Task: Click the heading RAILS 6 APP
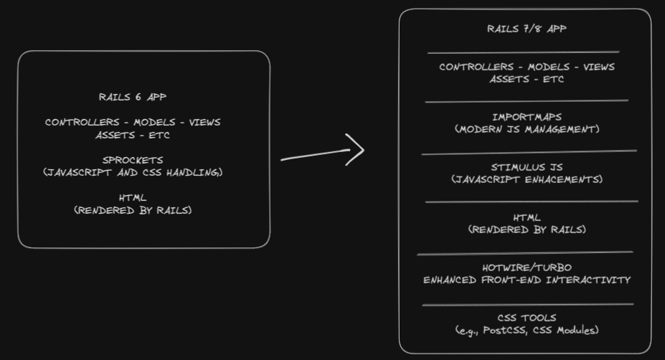pos(133,97)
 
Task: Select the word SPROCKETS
pos(133,160)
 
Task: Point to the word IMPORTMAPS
pos(527,117)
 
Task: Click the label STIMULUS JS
pos(527,167)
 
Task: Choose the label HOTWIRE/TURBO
pos(527,267)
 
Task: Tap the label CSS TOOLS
pos(527,318)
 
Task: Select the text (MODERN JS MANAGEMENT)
pos(527,129)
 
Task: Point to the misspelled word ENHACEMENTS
pos(565,179)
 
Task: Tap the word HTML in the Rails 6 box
pos(133,198)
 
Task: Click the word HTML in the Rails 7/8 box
pos(527,217)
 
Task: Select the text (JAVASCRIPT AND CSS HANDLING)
pos(133,172)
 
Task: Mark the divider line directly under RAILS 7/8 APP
pos(523,52)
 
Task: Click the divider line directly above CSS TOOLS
pos(527,305)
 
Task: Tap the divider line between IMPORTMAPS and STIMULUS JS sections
pos(529,152)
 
